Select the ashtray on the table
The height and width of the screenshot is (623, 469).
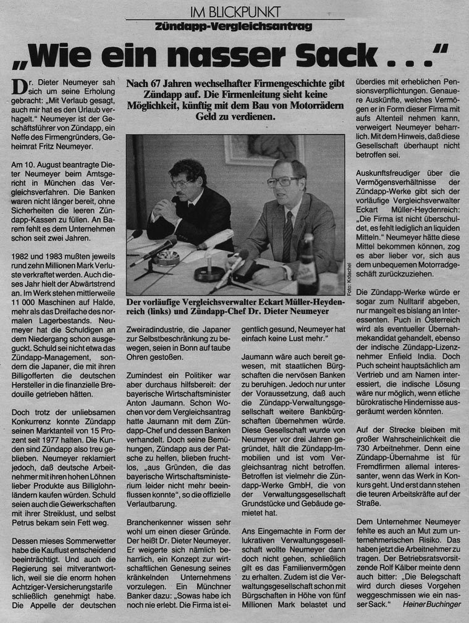click(166, 257)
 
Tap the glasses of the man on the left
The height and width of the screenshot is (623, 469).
click(184, 183)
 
